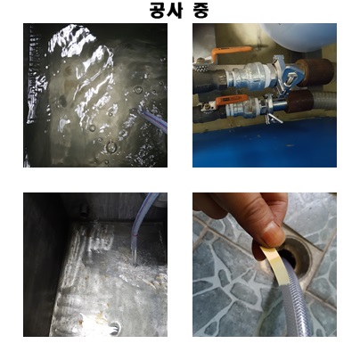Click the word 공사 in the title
166,10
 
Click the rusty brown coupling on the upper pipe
315,72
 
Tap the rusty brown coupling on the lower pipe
299,101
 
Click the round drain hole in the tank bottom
115,328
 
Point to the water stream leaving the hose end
135,257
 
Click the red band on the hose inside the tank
136,235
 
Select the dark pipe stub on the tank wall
84,209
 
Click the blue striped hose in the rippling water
154,119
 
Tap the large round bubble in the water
111,147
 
